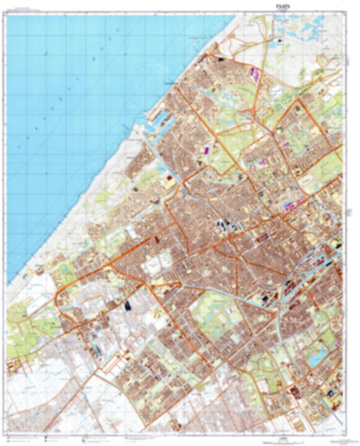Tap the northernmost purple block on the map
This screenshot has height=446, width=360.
255,69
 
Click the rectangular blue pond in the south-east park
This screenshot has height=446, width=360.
315,359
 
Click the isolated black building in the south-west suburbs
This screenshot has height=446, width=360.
127,304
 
